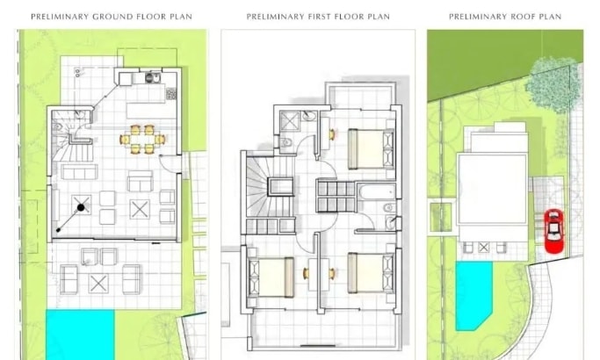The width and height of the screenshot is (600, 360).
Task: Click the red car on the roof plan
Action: (x=553, y=232)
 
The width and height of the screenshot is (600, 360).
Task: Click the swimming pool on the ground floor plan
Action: (x=80, y=335)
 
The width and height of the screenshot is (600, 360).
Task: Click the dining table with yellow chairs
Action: (x=142, y=140)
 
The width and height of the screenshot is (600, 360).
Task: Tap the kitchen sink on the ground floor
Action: (x=152, y=78)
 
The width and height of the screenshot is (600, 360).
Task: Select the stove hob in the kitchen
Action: (x=171, y=93)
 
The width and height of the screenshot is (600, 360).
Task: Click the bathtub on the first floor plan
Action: (x=377, y=191)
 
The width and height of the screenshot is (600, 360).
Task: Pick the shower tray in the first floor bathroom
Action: (x=290, y=121)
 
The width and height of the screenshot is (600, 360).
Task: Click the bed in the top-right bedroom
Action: (x=371, y=148)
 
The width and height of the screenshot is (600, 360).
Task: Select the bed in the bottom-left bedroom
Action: (x=271, y=277)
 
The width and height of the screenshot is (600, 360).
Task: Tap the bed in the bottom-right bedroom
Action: (x=371, y=273)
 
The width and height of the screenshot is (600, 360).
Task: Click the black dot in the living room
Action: (x=81, y=208)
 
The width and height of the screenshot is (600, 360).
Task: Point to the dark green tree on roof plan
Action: (x=553, y=85)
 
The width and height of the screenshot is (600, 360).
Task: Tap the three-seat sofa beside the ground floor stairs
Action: (x=79, y=172)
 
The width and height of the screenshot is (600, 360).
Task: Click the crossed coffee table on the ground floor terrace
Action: (x=98, y=284)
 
